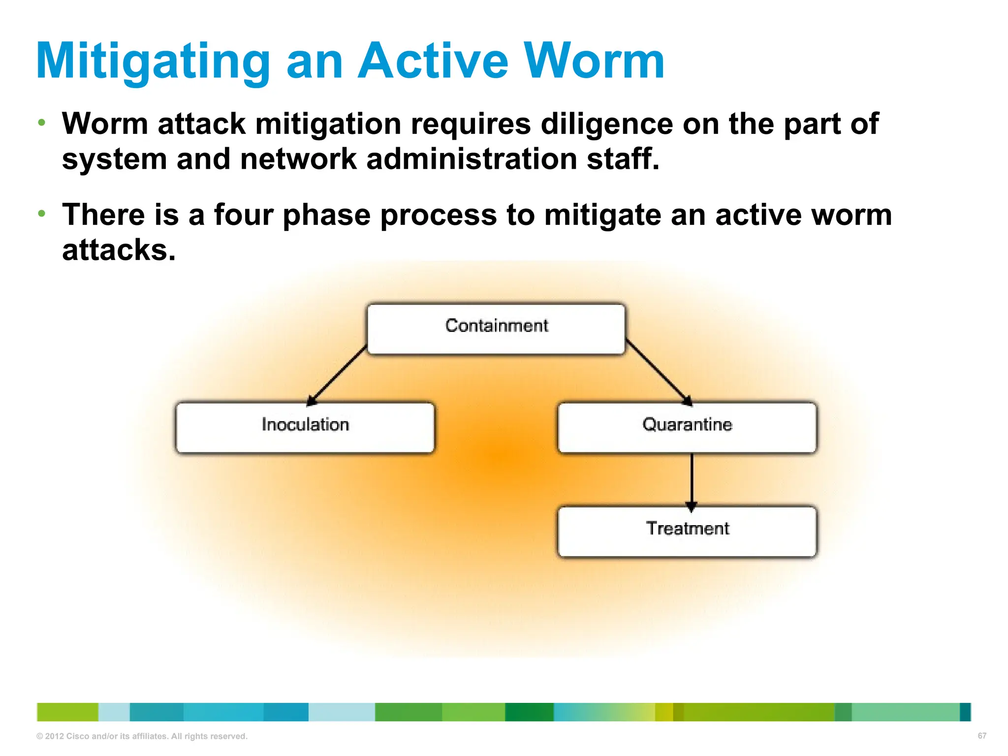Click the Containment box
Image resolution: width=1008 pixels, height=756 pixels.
click(x=496, y=328)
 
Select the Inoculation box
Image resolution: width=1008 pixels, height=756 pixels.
click(x=305, y=427)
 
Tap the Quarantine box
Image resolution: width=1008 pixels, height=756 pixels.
click(x=687, y=427)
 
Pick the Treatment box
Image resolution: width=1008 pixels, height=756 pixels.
click(x=687, y=531)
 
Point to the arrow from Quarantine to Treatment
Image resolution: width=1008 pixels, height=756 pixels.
click(x=692, y=480)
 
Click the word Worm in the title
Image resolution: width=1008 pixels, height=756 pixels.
click(x=594, y=61)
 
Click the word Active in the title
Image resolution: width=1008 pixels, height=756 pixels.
click(x=433, y=61)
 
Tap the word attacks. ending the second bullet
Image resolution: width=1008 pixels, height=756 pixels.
click(x=119, y=250)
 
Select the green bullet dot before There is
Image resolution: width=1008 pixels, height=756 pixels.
click(x=42, y=213)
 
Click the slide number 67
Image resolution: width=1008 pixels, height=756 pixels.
click(x=981, y=736)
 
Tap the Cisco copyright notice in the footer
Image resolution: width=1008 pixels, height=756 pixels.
click(x=142, y=736)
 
